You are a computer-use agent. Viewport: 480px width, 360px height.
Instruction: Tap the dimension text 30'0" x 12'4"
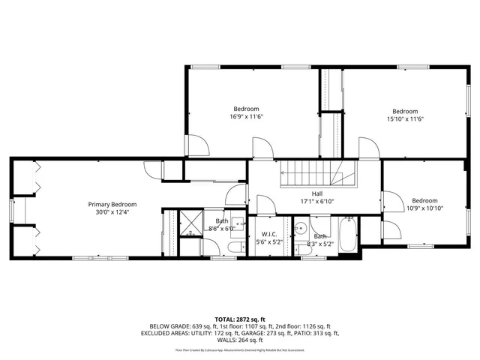(112, 212)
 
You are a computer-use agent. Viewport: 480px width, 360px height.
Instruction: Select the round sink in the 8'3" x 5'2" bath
(299, 227)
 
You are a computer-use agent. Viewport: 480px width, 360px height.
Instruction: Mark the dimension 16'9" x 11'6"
(247, 117)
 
